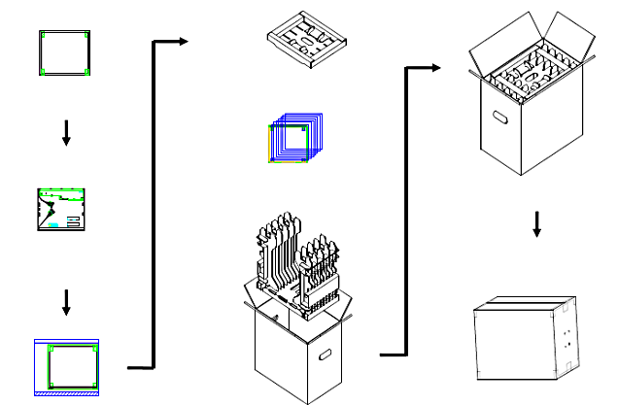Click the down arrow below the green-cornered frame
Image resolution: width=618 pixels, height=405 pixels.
tap(66, 135)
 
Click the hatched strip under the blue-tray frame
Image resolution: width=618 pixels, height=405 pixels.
tap(65, 393)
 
